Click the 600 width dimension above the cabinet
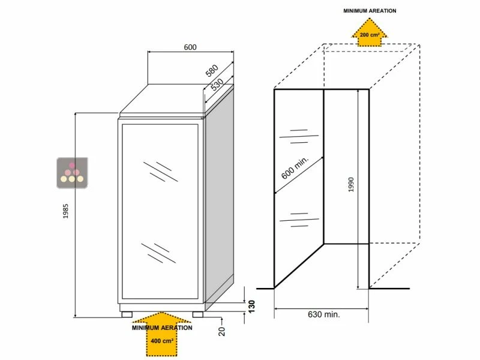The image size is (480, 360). [190, 47]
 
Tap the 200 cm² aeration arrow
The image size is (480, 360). [369, 31]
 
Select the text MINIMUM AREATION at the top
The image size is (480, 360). [370, 11]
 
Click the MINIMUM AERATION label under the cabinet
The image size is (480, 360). [163, 328]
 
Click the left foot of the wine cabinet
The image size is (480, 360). [127, 313]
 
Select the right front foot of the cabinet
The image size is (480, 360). [197, 313]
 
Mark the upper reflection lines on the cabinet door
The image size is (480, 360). [160, 170]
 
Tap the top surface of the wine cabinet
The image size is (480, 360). [174, 99]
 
